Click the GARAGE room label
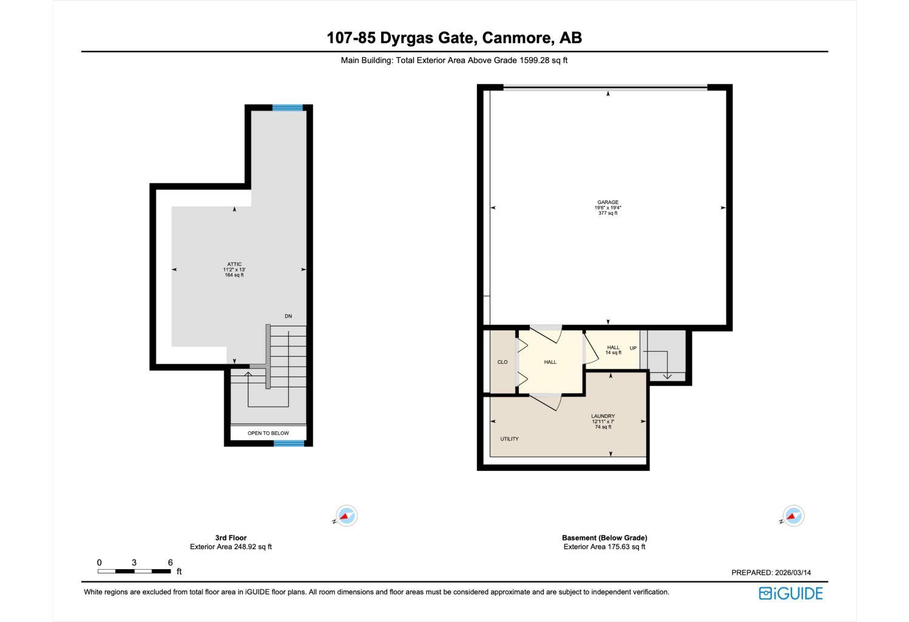607,202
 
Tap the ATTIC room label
234,264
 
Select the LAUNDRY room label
603,416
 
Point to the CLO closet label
502,362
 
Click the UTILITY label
509,439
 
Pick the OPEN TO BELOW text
268,433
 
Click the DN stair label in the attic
288,316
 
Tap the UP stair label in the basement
633,348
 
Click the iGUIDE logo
791,593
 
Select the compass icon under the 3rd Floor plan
346,516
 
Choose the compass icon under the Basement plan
792,516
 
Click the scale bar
134,571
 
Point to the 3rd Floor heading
231,538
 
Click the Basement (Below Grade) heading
604,538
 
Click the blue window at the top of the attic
287,108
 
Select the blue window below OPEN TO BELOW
289,443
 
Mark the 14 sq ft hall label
613,352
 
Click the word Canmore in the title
516,38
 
